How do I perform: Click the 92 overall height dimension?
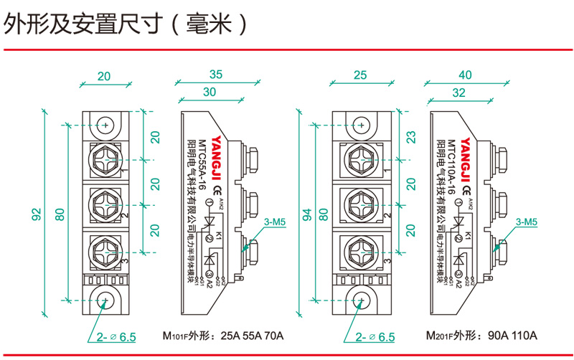click(x=37, y=214)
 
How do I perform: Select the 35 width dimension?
click(x=216, y=75)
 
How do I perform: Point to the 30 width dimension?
click(x=210, y=93)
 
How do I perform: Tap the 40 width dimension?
click(x=465, y=75)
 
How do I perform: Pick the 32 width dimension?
click(x=459, y=93)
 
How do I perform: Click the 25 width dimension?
click(x=360, y=75)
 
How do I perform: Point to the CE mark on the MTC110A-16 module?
click(x=467, y=191)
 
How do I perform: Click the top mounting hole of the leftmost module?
click(x=106, y=125)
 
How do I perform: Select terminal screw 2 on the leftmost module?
click(x=106, y=204)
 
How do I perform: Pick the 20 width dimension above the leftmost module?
click(x=105, y=75)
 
